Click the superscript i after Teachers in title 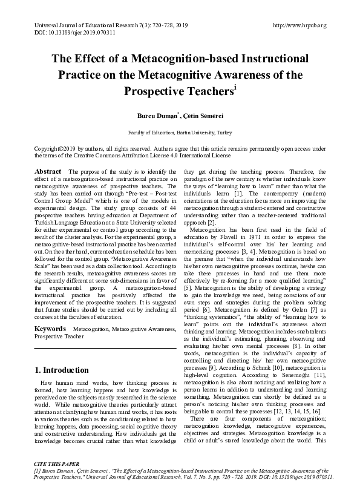pyautogui.click(x=234, y=86)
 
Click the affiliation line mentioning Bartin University pyautogui.click(x=180, y=131)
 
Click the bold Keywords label pyautogui.click(x=50, y=329)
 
